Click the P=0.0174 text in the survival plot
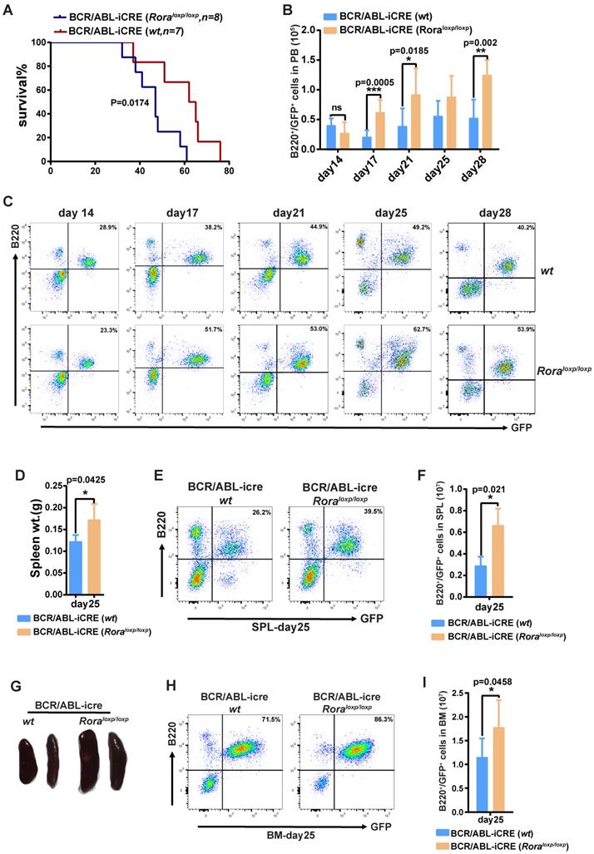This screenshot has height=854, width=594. (x=135, y=102)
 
